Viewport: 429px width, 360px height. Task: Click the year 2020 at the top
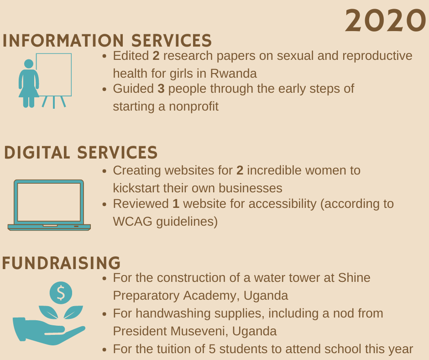tap(386, 21)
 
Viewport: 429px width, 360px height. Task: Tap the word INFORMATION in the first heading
tap(63, 41)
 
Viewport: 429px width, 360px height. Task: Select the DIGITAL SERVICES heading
tap(81, 152)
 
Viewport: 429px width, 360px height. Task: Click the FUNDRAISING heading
tap(61, 263)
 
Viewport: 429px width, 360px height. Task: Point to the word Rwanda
tap(233, 74)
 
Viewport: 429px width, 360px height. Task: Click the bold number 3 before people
tap(161, 89)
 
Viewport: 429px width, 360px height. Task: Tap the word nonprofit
tap(194, 106)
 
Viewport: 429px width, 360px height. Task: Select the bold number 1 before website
tap(176, 204)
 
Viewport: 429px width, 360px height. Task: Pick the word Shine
tap(354, 278)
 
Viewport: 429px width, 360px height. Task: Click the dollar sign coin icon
tap(61, 293)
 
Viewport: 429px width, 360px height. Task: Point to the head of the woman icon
tap(29, 64)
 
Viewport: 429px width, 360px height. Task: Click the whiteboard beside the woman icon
tap(54, 74)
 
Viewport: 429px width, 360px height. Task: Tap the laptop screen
tap(49, 202)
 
